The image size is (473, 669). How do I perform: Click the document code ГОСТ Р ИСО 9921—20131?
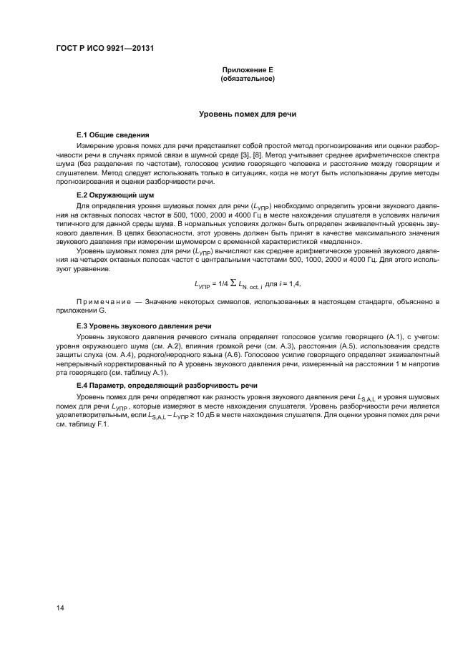click(x=105, y=49)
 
